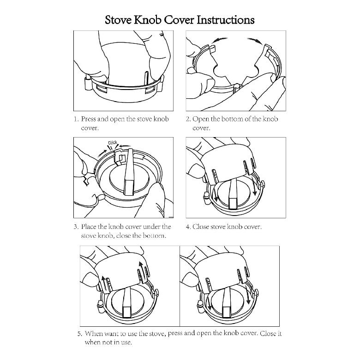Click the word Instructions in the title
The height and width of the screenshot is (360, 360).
226,20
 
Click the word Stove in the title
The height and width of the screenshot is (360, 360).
120,20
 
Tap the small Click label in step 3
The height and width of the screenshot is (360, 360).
113,143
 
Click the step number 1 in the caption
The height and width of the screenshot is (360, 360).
76,119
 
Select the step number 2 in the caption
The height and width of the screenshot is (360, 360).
188,119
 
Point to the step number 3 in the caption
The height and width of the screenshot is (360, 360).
76,227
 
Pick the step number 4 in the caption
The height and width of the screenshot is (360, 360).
188,227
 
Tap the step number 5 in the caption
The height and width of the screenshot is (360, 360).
79,334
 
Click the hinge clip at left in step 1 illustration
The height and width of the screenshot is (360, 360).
87,84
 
